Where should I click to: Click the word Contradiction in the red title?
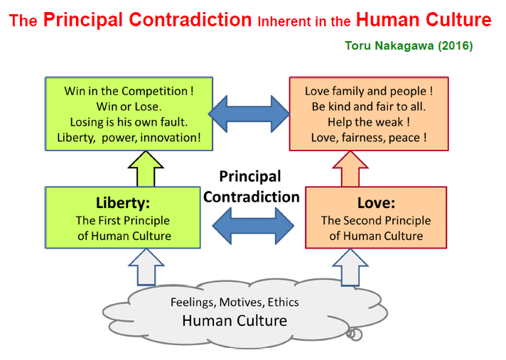[190, 20]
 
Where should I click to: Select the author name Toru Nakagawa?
[389, 45]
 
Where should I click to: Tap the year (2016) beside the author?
[456, 45]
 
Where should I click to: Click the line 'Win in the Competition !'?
[129, 91]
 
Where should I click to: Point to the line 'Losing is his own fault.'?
[129, 122]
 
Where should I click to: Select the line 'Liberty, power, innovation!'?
[129, 138]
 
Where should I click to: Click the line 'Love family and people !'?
[369, 91]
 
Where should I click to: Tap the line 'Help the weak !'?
[369, 122]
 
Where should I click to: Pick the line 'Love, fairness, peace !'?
[369, 138]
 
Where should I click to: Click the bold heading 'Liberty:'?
[123, 203]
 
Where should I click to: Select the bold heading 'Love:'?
[376, 203]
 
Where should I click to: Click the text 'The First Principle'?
[123, 220]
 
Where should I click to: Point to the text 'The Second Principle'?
[376, 220]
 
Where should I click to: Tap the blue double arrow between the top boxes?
[249, 114]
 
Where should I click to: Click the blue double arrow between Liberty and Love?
[253, 226]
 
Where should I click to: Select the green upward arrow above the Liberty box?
[146, 168]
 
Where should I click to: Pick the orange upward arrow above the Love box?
[350, 168]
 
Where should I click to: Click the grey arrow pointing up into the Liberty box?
[146, 267]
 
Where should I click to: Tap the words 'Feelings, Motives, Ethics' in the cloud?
[235, 302]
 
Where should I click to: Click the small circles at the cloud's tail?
[355, 334]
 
